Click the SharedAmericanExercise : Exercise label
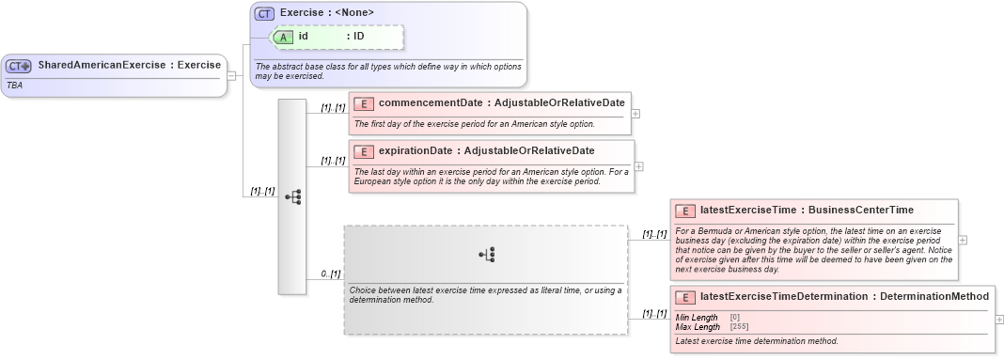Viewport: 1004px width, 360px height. (129, 66)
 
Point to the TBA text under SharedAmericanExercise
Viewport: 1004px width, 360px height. (15, 85)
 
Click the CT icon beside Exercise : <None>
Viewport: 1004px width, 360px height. (264, 13)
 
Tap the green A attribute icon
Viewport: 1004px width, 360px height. (284, 37)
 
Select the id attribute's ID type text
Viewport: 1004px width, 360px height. (358, 37)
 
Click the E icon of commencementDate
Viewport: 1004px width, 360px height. (363, 103)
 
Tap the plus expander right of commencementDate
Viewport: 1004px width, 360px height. (636, 114)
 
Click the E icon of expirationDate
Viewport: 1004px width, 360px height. (363, 151)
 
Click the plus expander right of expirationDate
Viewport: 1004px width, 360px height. (639, 166)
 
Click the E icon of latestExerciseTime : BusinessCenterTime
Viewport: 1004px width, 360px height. (685, 211)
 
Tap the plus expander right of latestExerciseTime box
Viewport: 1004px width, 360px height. (962, 240)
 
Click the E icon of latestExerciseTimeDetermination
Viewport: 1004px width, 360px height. (685, 297)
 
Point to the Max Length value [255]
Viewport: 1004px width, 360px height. (740, 326)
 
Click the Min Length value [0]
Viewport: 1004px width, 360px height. (735, 318)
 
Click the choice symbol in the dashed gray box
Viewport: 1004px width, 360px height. (486, 254)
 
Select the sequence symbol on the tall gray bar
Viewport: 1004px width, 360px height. (292, 196)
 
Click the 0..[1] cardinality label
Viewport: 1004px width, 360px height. (330, 274)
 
